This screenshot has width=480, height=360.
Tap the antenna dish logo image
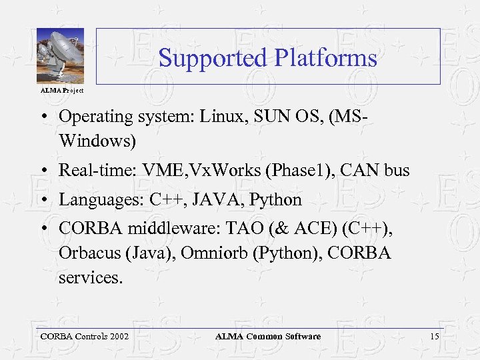pyautogui.click(x=60, y=56)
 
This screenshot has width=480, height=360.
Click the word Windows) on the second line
pyautogui.click(x=97, y=141)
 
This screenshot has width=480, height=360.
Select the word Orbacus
pyautogui.click(x=88, y=254)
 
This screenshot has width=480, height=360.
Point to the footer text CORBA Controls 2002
pyautogui.click(x=85, y=337)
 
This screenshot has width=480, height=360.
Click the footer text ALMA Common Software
pyautogui.click(x=267, y=337)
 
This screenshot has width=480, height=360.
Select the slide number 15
pyautogui.click(x=434, y=337)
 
